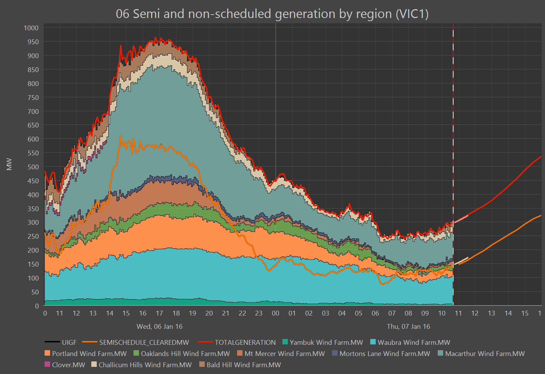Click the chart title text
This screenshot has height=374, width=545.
272,14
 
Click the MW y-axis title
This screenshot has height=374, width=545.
9,164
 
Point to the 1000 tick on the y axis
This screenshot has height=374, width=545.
31,28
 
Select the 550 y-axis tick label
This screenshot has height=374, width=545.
33,153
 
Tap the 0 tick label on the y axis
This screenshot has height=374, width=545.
37,306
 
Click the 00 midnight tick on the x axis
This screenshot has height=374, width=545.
275,313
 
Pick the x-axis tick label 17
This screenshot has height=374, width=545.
159,313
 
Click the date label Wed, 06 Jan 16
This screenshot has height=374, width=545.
159,326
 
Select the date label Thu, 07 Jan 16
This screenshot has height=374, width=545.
408,326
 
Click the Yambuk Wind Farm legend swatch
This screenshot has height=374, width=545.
285,342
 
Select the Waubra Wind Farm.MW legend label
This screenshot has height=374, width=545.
414,342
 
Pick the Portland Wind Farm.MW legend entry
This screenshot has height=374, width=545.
89,354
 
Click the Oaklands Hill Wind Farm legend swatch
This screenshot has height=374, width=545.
136,353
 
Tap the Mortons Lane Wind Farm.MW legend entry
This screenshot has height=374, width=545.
385,354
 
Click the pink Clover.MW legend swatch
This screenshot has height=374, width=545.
47,364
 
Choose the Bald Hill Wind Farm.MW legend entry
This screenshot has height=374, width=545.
244,365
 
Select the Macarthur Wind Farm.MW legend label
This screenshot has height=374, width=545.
485,354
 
